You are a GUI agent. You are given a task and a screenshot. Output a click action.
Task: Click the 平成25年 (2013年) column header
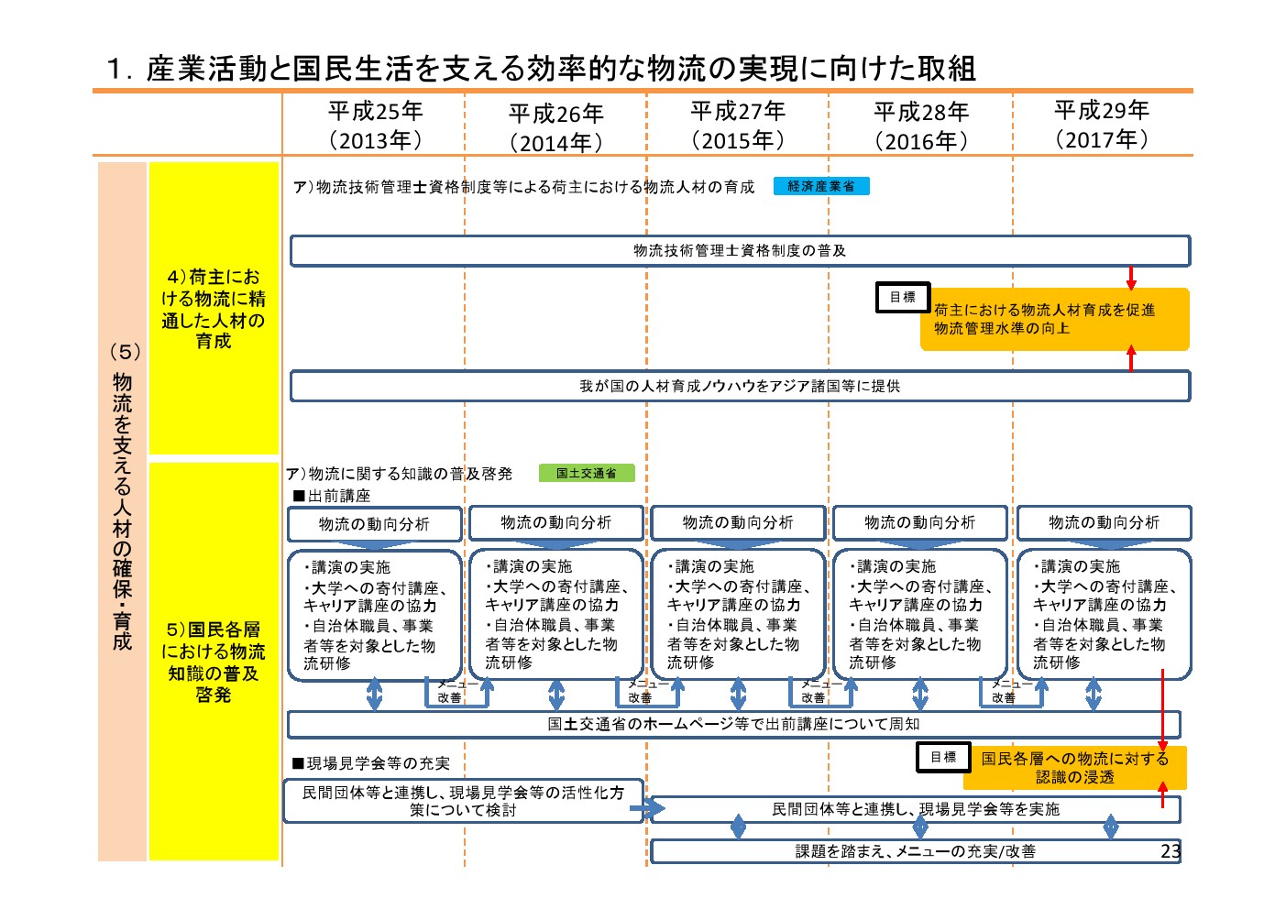[376, 126]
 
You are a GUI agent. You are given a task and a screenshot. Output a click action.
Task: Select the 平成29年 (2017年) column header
[1102, 125]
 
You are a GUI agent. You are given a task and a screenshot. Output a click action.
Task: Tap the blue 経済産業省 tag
[821, 186]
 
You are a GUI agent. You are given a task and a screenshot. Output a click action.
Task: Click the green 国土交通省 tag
[586, 473]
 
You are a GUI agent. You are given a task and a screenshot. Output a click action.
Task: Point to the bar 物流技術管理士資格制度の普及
[740, 251]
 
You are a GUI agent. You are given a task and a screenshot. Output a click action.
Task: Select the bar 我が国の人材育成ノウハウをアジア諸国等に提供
[740, 386]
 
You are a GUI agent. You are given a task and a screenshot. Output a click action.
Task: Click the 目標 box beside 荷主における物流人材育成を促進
[903, 297]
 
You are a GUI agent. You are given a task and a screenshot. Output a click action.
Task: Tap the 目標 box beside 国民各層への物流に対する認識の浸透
[943, 757]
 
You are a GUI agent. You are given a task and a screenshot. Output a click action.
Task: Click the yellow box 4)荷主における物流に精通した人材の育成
[214, 308]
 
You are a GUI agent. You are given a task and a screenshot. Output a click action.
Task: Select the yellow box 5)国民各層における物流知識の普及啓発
[214, 661]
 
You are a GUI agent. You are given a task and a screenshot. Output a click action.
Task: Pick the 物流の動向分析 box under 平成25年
[374, 524]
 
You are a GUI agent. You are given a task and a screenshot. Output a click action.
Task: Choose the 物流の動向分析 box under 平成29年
[1104, 522]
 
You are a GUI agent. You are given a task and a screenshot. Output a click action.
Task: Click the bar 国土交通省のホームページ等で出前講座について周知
[733, 724]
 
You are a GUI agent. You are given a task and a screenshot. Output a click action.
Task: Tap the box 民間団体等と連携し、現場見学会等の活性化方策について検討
[463, 801]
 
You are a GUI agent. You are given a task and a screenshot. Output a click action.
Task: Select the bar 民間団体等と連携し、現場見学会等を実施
[915, 809]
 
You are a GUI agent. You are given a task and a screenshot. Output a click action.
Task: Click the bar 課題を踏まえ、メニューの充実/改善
[915, 851]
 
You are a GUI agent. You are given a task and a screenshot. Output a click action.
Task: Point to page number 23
[1171, 850]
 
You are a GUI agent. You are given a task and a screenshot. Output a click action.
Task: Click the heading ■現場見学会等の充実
[371, 763]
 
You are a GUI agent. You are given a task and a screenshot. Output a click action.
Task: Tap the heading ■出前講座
[332, 496]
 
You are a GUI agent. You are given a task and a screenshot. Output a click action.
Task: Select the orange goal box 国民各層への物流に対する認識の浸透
[1075, 768]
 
